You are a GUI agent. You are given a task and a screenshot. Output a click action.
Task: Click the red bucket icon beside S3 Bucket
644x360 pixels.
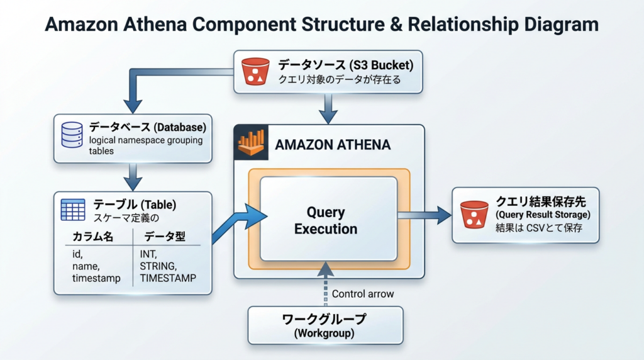tap(255, 72)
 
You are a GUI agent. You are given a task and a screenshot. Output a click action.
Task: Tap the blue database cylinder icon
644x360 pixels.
tap(72, 135)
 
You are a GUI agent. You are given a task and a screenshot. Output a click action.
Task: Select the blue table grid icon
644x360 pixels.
tap(73, 210)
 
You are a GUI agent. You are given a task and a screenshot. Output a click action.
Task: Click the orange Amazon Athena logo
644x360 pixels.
tap(251, 143)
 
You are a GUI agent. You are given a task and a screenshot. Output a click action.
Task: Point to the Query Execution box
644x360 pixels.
tap(328, 219)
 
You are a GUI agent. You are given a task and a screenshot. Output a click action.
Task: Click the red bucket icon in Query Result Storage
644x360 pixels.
tap(474, 215)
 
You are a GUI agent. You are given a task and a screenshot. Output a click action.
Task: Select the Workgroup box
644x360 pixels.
tap(325, 325)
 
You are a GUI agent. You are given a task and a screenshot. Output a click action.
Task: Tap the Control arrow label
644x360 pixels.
tap(363, 294)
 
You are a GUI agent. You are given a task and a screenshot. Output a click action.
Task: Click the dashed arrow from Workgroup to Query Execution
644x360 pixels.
tap(326, 284)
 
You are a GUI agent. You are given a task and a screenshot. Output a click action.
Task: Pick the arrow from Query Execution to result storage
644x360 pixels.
tap(425, 215)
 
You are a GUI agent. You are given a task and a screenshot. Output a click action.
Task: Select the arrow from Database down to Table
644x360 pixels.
tap(133, 177)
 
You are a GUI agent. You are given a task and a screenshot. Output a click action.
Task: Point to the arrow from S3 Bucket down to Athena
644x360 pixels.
tap(328, 109)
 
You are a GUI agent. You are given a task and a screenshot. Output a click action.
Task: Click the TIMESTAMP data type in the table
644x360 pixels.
tap(168, 278)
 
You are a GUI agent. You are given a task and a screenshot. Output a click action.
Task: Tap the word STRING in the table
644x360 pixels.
tap(158, 266)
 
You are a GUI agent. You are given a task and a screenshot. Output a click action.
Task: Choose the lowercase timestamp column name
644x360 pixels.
tap(96, 278)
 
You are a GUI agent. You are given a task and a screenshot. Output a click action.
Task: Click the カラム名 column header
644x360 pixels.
tap(92, 236)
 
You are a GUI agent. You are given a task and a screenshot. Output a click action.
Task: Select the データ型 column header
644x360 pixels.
tap(165, 236)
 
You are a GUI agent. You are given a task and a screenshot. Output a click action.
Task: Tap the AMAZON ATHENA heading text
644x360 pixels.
tap(333, 145)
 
